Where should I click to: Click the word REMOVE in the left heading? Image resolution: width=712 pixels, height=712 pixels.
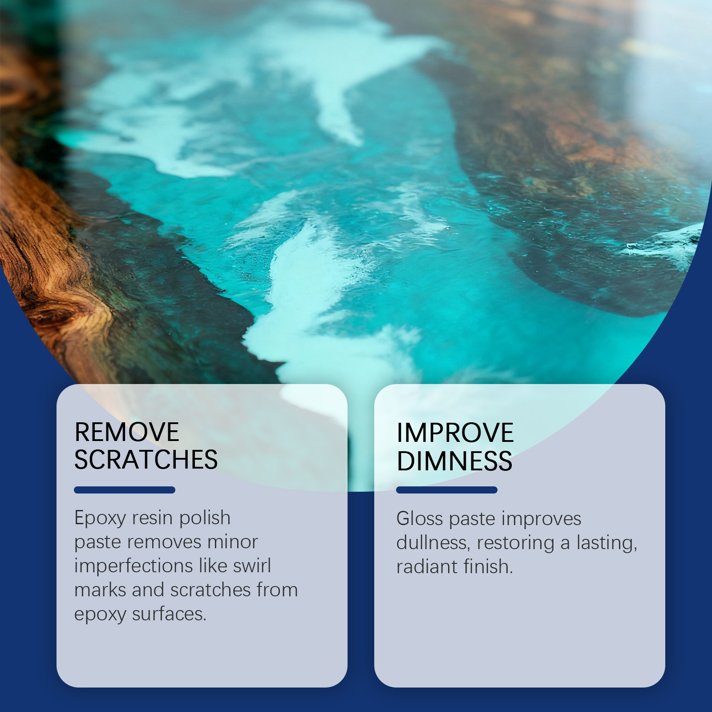127,432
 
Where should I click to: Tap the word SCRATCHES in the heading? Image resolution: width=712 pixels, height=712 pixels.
146,460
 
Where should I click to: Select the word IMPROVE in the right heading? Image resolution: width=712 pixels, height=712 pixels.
455,433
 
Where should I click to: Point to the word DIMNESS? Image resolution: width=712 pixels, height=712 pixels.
454,461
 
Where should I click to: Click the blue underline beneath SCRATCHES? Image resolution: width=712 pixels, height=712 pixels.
125,490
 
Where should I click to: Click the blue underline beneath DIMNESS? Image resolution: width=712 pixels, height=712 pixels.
447,490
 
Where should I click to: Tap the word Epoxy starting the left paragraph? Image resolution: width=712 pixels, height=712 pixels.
101,519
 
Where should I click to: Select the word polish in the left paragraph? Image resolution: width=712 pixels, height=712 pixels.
205,518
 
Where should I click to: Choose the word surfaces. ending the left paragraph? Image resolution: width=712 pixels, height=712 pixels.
169,614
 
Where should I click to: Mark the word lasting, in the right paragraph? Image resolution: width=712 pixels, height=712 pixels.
607,543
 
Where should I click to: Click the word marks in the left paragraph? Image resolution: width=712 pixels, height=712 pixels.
100,590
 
